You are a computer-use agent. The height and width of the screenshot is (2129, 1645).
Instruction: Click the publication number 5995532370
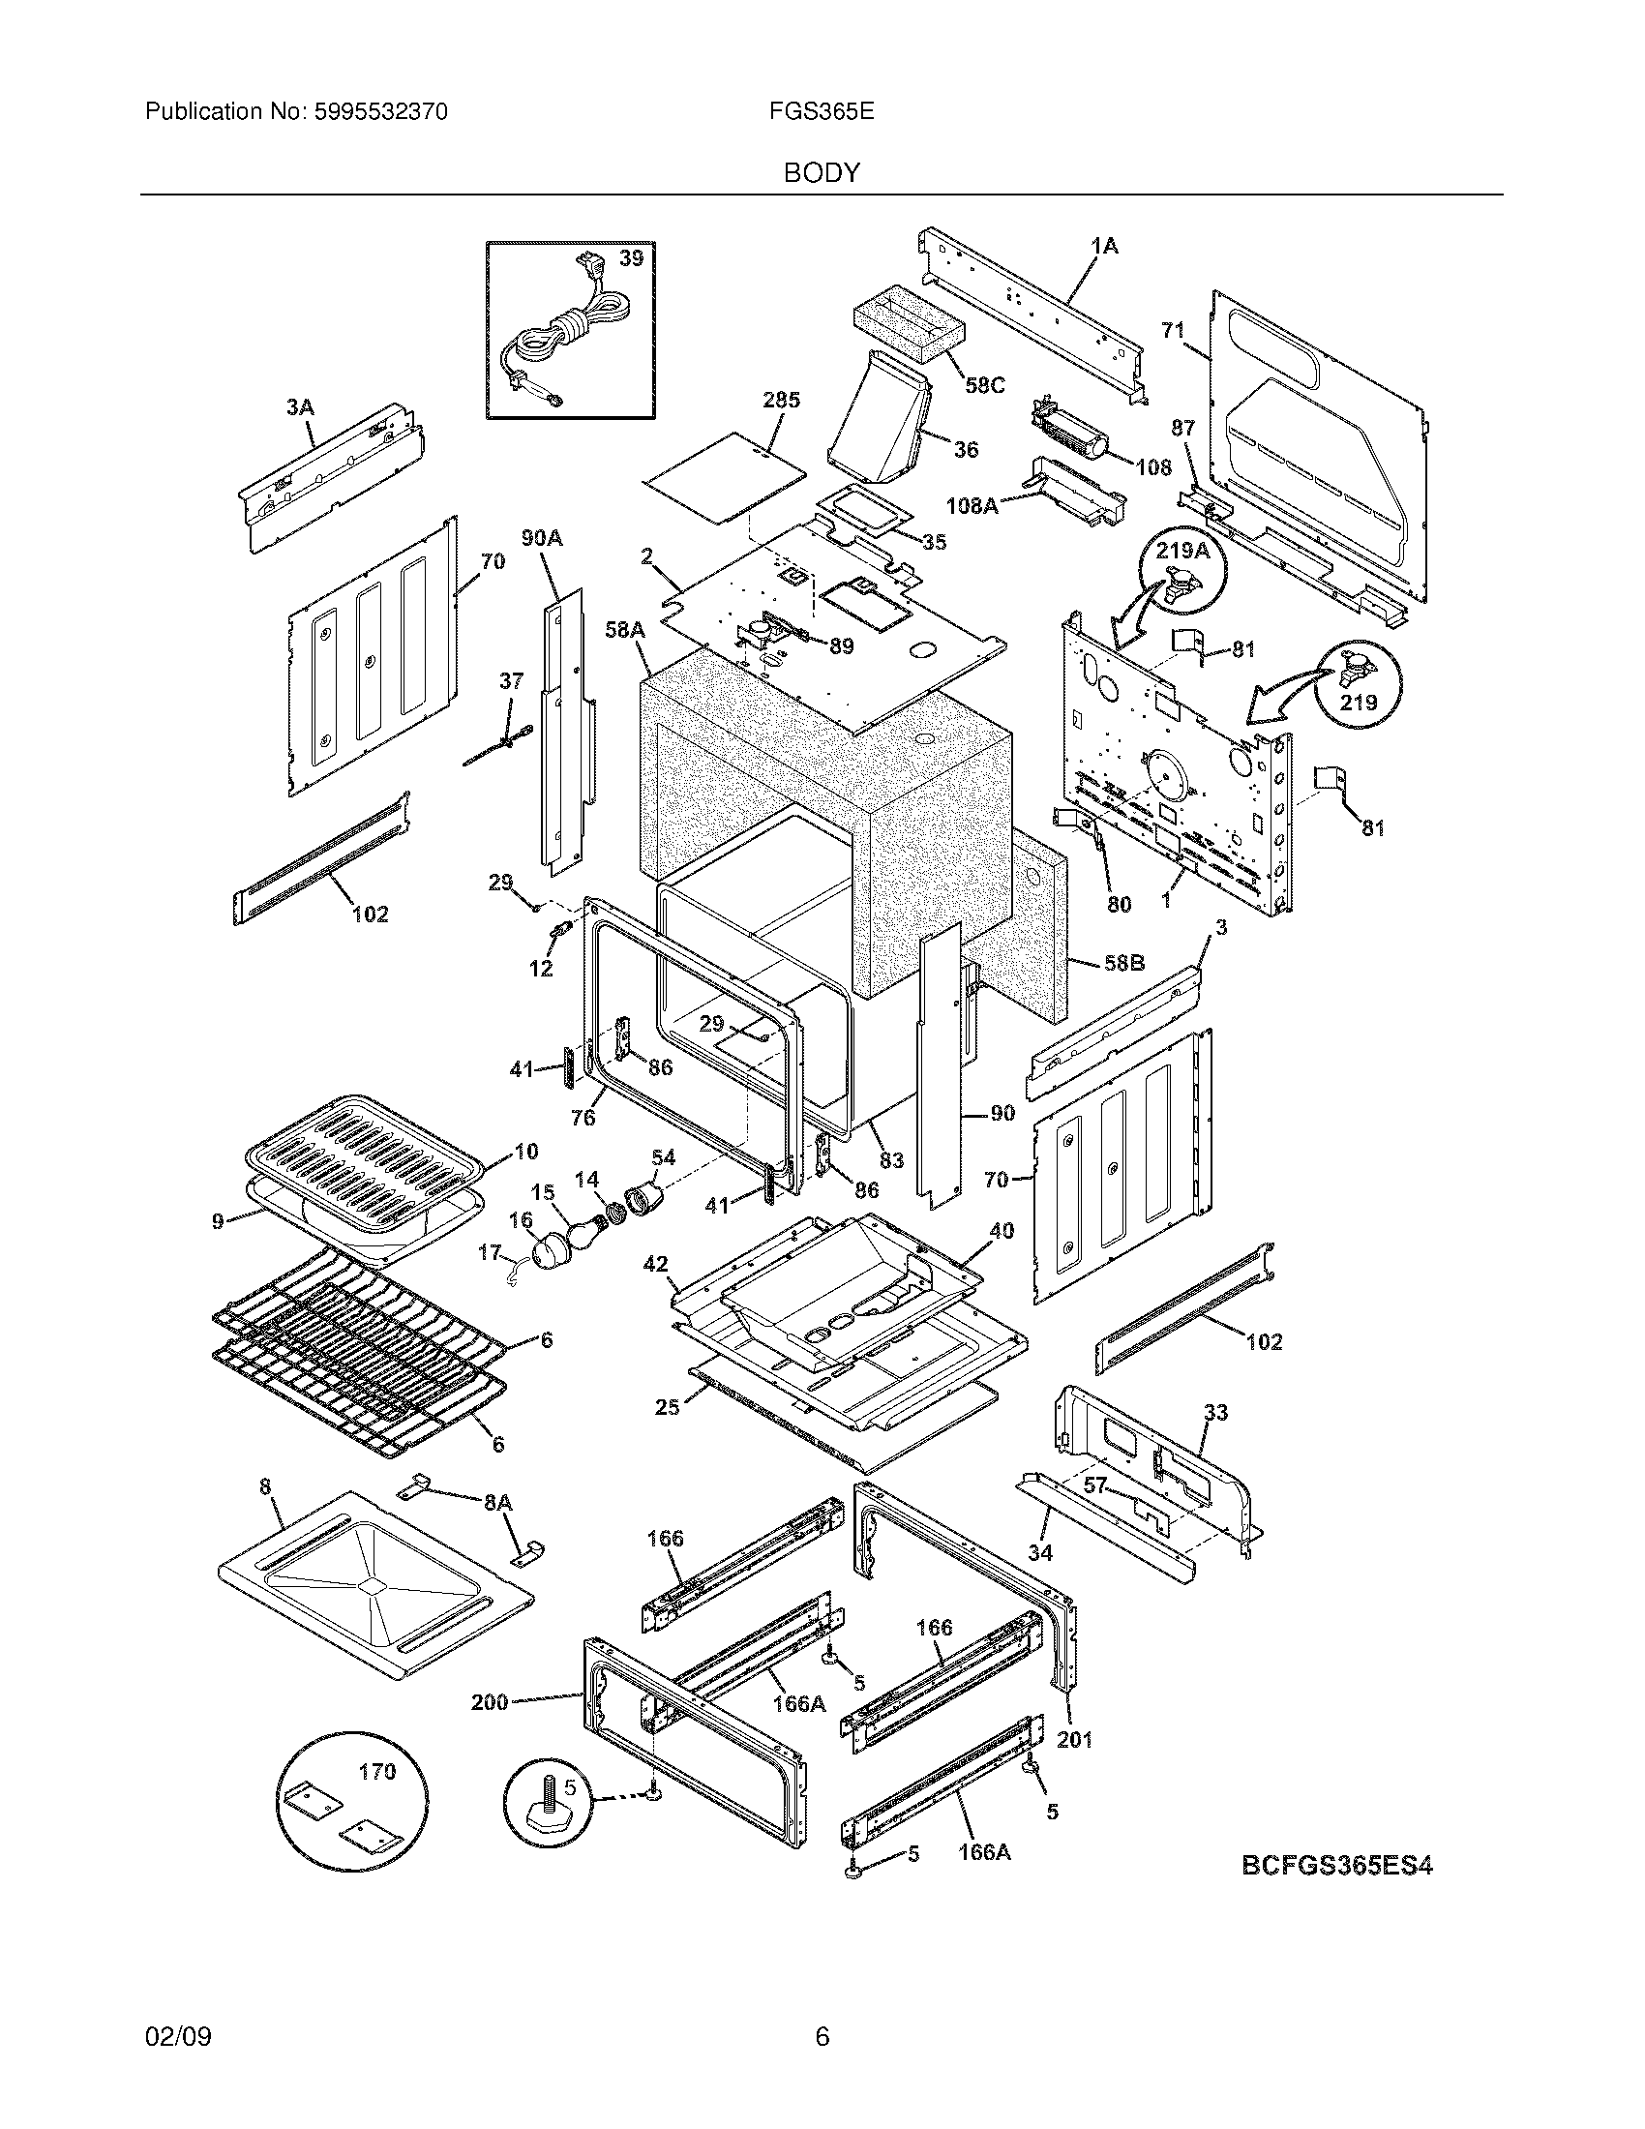click(381, 112)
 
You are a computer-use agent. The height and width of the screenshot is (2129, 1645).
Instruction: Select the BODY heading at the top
click(822, 173)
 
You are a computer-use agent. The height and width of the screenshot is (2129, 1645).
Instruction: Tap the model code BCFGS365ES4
click(1337, 1867)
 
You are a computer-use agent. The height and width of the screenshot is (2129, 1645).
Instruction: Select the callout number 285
click(781, 400)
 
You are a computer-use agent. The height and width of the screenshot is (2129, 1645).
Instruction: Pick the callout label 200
click(490, 1702)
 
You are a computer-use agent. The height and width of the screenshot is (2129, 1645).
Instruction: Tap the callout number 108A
click(972, 506)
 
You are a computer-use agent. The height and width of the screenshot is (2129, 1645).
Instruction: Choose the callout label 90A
click(542, 538)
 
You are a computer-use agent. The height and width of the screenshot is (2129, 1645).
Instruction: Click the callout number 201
click(1074, 1738)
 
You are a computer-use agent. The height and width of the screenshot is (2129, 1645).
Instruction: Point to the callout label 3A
click(300, 407)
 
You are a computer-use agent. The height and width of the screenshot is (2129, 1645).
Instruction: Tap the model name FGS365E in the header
click(821, 112)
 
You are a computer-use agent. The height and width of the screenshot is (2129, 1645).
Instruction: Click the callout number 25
click(667, 1408)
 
